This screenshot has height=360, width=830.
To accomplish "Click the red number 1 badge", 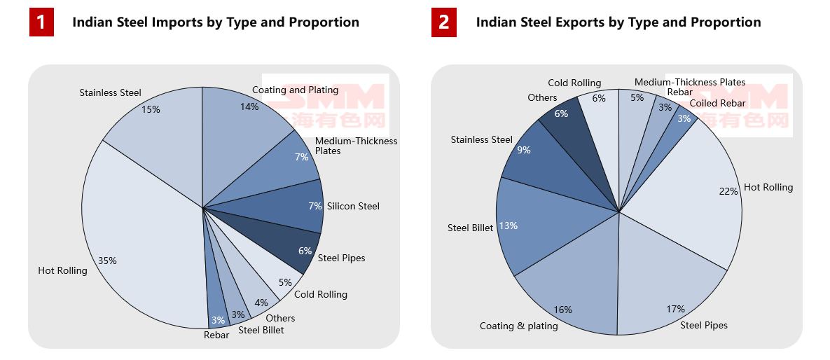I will pos(41,22).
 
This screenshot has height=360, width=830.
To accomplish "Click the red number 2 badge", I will pos(444,22).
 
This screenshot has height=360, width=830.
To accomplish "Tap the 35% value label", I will pos(107,261).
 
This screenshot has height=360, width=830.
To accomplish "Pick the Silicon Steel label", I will pos(353,206).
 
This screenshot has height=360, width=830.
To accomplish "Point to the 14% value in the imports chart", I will pos(249,106).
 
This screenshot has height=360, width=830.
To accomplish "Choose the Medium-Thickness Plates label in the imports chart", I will pos(356,146).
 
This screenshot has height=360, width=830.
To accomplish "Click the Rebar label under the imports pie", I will pos(216,335).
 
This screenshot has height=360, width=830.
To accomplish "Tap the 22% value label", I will pos(728,191).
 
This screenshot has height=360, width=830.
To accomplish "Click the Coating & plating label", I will pos(518,326).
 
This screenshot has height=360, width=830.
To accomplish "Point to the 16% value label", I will pos(562,310).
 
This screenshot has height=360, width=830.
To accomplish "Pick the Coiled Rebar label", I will pos(717,104).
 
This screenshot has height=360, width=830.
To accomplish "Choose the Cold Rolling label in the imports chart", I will pos(320,294).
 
